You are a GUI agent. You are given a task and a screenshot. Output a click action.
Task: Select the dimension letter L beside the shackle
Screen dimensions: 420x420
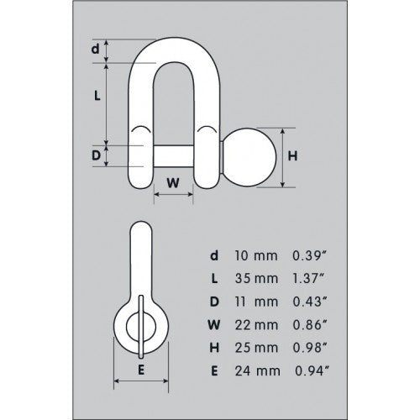pyautogui.click(x=97, y=97)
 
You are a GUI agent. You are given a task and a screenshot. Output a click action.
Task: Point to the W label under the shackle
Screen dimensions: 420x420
pyautogui.click(x=173, y=181)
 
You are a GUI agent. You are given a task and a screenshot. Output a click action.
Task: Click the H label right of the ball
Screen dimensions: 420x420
pyautogui.click(x=292, y=157)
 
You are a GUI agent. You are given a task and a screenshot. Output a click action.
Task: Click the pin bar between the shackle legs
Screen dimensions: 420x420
pyautogui.click(x=173, y=157)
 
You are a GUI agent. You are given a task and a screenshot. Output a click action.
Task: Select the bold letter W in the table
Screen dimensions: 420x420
pyautogui.click(x=215, y=320)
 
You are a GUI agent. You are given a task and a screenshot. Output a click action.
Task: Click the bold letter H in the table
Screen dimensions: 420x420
pyautogui.click(x=215, y=342)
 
